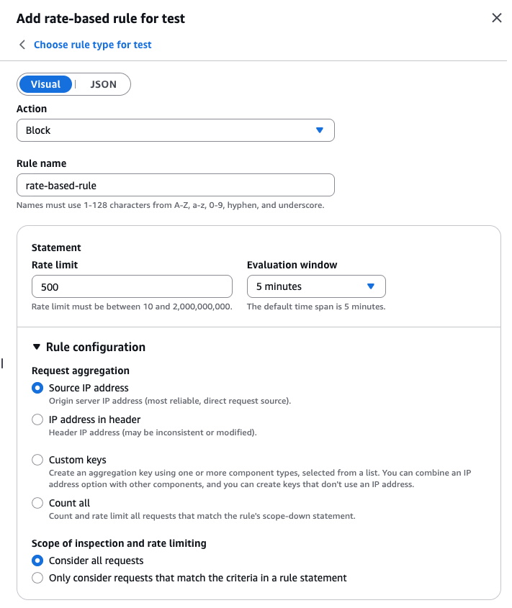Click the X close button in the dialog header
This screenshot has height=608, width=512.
[x=496, y=18]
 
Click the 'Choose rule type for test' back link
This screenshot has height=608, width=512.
[x=92, y=45]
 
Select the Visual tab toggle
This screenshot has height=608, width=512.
[x=45, y=84]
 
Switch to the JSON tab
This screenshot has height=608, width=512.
[x=103, y=84]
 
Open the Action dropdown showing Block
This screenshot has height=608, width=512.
[x=175, y=130]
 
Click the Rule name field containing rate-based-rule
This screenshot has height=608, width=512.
[x=175, y=185]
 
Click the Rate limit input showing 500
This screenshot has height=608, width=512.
[x=132, y=286]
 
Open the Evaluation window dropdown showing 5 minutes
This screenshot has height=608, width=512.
[x=316, y=286]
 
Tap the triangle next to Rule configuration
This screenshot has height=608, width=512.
[x=37, y=347]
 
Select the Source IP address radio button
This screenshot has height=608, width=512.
[x=37, y=388]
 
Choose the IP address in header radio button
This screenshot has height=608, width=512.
[x=37, y=419]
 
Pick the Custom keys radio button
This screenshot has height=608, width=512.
[x=37, y=460]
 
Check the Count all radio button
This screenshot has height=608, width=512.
[x=37, y=503]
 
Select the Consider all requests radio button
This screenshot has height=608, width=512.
[x=37, y=561]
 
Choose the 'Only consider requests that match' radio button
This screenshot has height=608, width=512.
[x=37, y=578]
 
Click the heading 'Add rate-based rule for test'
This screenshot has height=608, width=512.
[x=101, y=19]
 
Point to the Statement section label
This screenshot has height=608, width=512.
[x=56, y=248]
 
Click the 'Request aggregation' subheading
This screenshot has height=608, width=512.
[x=81, y=371]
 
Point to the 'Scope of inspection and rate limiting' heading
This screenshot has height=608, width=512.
[x=119, y=543]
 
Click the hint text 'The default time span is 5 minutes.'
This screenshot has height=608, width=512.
[x=316, y=307]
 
